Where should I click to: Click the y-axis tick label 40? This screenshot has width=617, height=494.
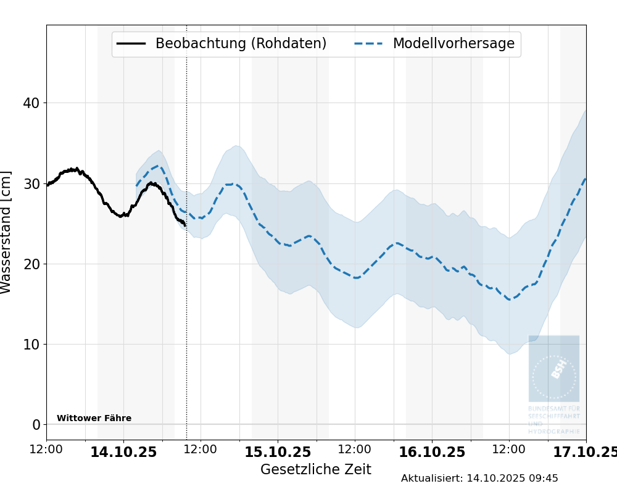click(31, 103)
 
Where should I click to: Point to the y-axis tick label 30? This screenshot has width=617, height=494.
click(31, 183)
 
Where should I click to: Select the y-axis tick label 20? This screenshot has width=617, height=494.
click(31, 264)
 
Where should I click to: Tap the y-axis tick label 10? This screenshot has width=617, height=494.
click(31, 344)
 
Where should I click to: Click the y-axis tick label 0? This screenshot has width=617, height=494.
click(36, 425)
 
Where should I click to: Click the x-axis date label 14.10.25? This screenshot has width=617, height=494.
click(123, 452)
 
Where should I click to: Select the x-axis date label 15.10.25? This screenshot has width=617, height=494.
click(278, 452)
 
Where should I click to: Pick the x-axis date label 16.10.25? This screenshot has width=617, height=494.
click(432, 452)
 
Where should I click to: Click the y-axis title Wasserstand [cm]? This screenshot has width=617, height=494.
click(7, 232)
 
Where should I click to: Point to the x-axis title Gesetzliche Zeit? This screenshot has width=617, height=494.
click(315, 469)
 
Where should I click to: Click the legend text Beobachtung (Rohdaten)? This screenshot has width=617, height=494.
click(241, 44)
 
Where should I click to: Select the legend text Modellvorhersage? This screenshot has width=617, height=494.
click(453, 44)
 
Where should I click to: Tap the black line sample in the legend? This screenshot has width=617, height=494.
click(131, 44)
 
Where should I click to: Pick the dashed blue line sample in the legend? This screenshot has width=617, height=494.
click(368, 44)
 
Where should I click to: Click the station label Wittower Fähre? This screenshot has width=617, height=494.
click(94, 419)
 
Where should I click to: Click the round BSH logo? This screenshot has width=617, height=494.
click(554, 376)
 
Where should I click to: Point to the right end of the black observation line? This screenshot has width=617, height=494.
click(184, 225)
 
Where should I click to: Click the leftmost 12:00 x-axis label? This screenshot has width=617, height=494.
click(46, 450)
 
